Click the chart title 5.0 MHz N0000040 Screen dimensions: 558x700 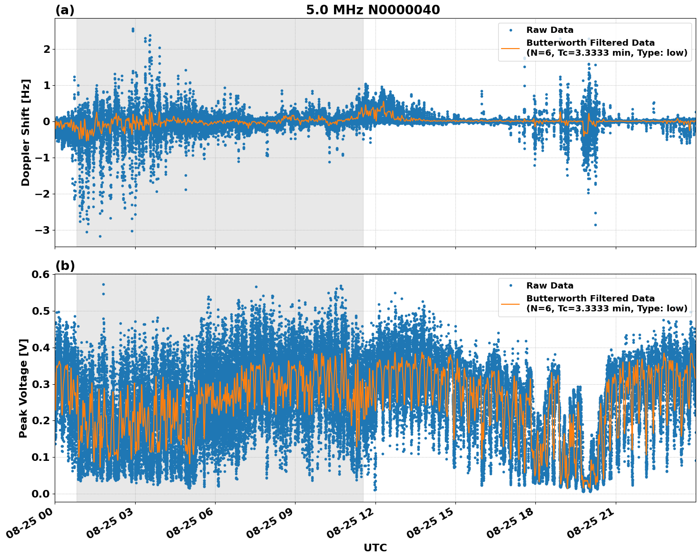(x=373, y=10)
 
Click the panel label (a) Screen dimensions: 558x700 (x=65, y=10)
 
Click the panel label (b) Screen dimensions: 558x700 (x=65, y=266)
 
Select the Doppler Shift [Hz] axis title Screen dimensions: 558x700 (x=26, y=132)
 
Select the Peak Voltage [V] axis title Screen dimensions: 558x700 (x=23, y=388)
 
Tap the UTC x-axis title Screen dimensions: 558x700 (x=375, y=548)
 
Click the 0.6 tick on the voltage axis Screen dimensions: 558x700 (x=40, y=274)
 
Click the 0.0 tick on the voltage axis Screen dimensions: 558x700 (x=40, y=494)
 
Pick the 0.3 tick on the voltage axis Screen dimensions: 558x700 (x=40, y=384)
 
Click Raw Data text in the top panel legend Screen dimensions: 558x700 (x=550, y=30)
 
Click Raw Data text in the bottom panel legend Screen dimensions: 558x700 (x=550, y=286)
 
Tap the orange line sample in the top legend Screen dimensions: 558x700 (x=511, y=48)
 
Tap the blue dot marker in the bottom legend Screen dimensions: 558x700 (x=511, y=286)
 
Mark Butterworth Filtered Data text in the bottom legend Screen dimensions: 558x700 (x=590, y=299)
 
